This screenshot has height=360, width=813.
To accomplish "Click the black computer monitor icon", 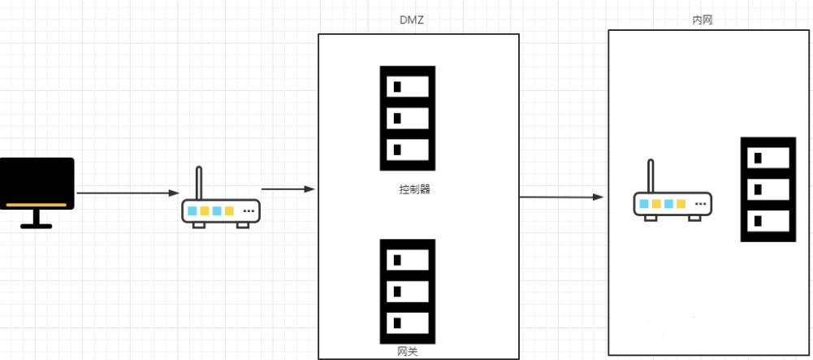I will point(37,184).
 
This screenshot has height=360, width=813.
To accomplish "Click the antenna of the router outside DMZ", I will point(198,183).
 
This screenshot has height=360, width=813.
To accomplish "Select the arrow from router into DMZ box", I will point(288,189).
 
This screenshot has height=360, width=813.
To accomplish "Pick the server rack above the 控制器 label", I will point(407,118).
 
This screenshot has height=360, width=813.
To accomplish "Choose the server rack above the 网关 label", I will point(407,290).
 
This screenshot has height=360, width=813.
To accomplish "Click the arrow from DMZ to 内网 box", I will point(562,197).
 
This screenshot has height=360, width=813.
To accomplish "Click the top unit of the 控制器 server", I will point(407,86).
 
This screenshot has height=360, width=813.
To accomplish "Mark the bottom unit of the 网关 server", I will point(407,321).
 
